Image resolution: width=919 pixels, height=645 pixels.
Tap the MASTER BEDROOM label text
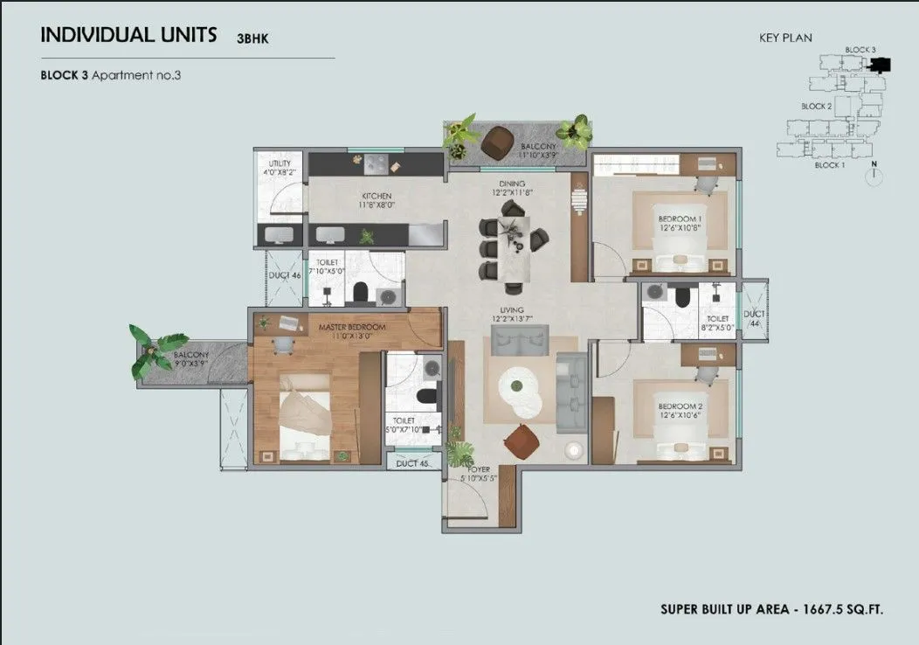(x=352, y=328)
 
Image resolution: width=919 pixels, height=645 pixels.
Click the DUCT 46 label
(x=284, y=276)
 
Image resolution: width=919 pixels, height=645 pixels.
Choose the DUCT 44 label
(x=753, y=318)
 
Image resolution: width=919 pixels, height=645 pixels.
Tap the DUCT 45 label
(x=412, y=463)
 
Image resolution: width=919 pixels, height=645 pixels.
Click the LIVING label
(x=511, y=310)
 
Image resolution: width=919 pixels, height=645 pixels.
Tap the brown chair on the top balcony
(x=497, y=142)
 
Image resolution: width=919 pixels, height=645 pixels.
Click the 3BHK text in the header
(x=252, y=38)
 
